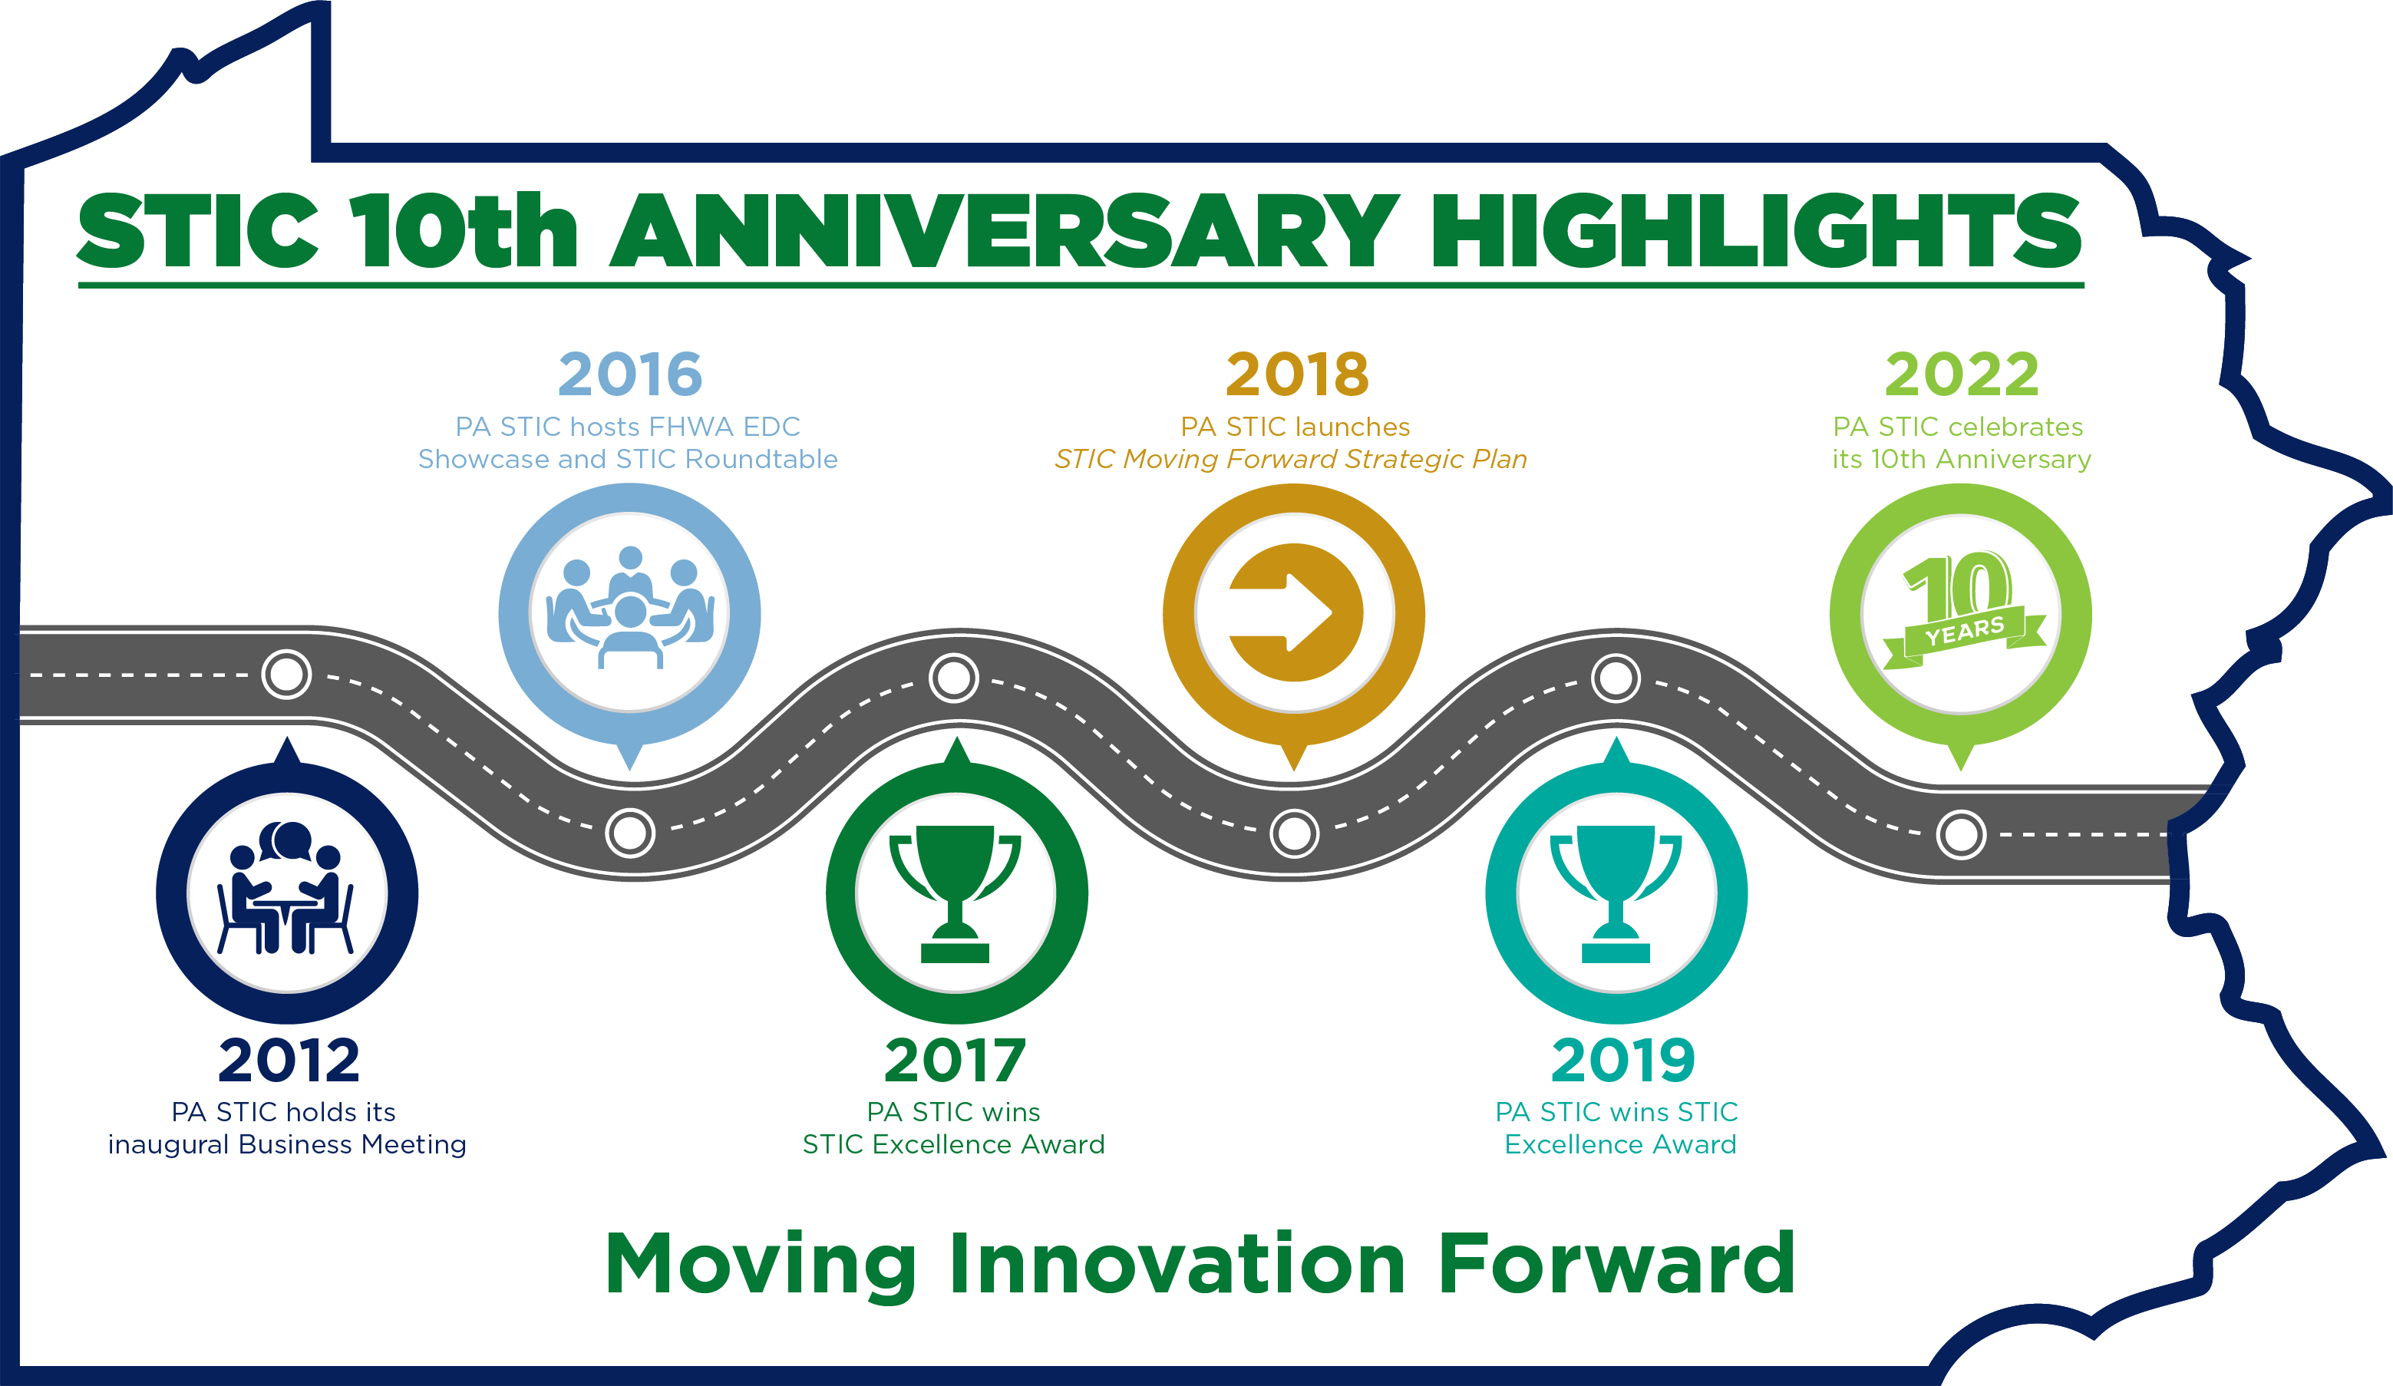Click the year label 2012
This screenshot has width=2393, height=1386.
[x=289, y=1061]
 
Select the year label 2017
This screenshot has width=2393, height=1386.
[x=956, y=1061]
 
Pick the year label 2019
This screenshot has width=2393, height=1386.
[x=1623, y=1061]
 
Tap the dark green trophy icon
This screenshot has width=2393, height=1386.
[x=956, y=893]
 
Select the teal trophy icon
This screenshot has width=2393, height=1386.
[x=1616, y=893]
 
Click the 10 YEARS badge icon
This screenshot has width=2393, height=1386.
[x=1962, y=613]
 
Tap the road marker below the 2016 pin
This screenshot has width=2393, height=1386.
[x=631, y=833]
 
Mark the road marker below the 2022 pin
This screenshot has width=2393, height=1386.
[x=1962, y=834]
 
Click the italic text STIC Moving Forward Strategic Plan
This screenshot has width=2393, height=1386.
[x=1292, y=460]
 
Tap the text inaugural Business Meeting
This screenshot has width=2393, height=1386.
[x=287, y=1145]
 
